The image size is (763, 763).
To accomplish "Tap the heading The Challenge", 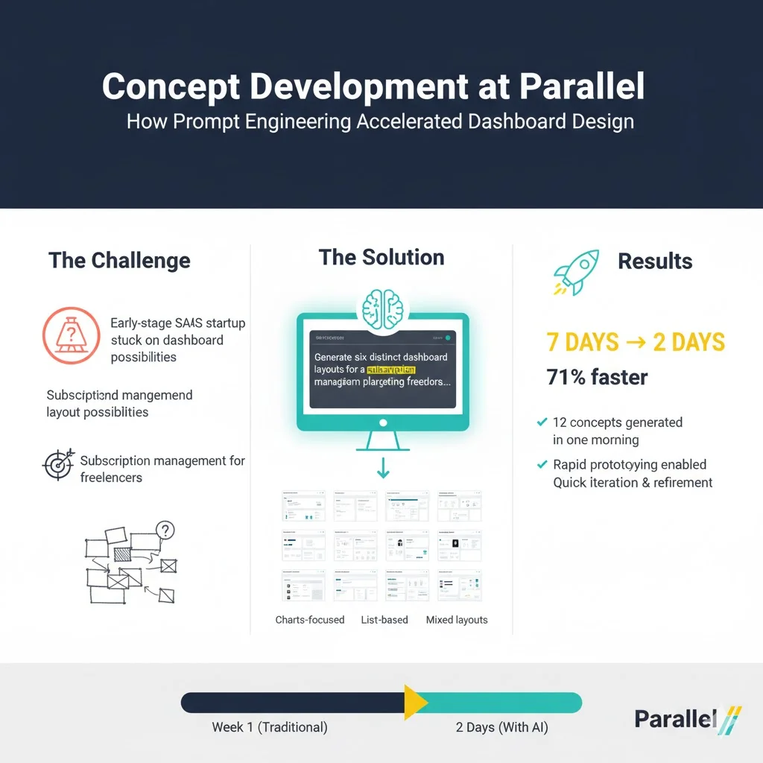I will [119, 261].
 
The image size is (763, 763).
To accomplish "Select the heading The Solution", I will [381, 258].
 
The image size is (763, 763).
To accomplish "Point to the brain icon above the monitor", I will [381, 308].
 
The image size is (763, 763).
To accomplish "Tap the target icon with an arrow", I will [58, 464].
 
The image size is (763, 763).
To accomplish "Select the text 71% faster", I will [597, 377].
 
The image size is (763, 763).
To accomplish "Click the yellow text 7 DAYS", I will [582, 343].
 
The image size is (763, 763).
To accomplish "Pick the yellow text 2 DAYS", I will [688, 343].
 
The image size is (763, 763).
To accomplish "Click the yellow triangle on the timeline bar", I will [414, 703].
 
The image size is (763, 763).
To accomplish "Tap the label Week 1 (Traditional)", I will [269, 727].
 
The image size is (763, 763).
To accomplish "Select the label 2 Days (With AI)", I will [501, 727].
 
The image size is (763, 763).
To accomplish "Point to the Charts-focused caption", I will [310, 620].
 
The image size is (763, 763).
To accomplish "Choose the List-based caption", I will [384, 620].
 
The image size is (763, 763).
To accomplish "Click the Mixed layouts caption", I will [457, 620].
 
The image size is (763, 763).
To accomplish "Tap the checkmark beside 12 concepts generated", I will [542, 422].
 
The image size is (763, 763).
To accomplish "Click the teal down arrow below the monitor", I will [382, 468].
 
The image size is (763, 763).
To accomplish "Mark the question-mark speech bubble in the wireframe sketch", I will [165, 531].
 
